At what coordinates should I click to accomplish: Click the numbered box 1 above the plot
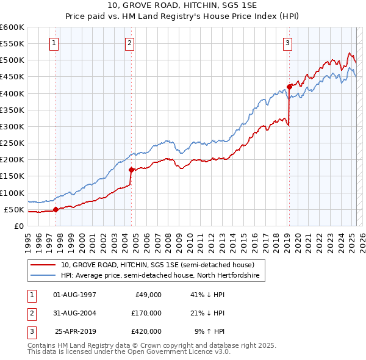(x=55, y=43)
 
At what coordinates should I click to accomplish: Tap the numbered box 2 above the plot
(x=131, y=43)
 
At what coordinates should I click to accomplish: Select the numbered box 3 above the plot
(x=287, y=43)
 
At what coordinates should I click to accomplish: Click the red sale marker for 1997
(x=56, y=209)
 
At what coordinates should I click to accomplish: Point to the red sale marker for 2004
(x=131, y=170)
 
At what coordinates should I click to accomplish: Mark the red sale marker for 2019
(x=289, y=87)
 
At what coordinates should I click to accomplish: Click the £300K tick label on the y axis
(x=12, y=126)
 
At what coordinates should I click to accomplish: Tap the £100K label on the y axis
(x=12, y=193)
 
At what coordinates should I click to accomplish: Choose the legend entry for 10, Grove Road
(x=162, y=265)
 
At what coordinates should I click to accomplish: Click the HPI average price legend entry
(x=160, y=276)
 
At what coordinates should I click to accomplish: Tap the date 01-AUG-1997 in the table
(x=75, y=295)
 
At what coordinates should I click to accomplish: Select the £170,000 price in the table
(x=146, y=313)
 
